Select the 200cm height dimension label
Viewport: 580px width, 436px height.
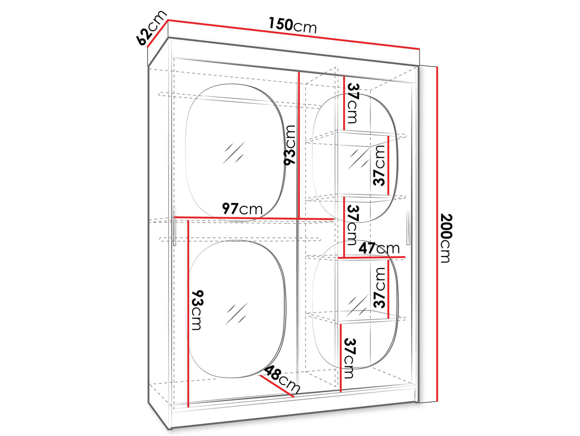point(446,238)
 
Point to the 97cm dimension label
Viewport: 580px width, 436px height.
point(242,209)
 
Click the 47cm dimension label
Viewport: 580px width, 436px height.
point(379,248)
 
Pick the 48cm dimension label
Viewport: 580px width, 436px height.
point(282,379)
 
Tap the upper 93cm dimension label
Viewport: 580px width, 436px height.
point(290,145)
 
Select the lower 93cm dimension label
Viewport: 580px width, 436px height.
point(197,310)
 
